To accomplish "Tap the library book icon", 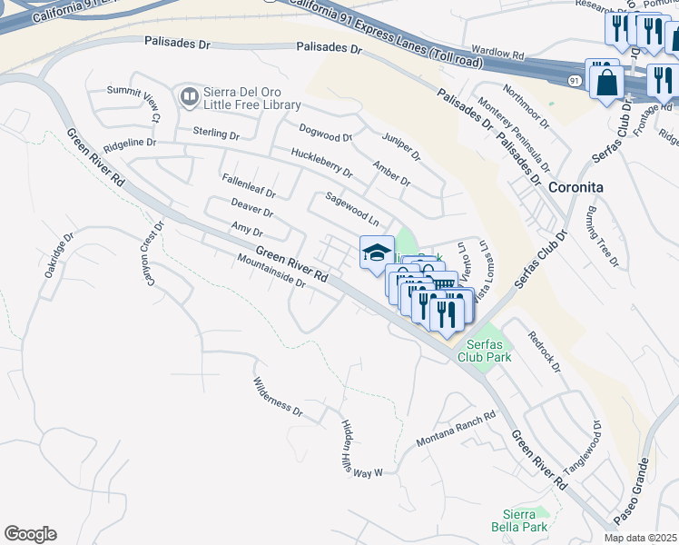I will [189, 95].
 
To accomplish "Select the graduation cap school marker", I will [377, 252].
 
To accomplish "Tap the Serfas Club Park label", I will [488, 351].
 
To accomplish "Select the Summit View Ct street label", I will [133, 103].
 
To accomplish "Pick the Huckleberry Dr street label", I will [321, 163].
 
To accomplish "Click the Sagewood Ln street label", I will [352, 208].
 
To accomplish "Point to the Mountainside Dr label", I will [271, 270].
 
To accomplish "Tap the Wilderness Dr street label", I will [278, 397].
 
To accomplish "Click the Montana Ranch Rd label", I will [456, 429].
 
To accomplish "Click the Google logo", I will [30, 534].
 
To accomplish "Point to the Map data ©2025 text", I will [640, 538].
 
